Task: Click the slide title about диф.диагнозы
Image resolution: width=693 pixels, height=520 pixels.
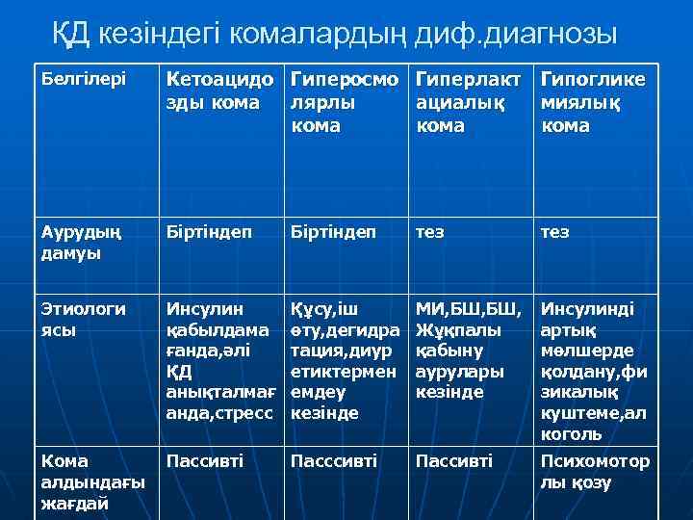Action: click(334, 35)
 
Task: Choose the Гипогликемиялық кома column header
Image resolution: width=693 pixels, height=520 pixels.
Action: click(594, 100)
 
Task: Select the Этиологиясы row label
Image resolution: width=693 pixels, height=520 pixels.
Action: click(85, 319)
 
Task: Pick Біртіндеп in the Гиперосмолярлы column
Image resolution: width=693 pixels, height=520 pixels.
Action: click(334, 232)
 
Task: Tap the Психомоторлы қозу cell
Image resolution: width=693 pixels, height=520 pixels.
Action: click(594, 472)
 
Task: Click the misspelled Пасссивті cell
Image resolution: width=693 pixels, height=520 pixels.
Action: click(337, 461)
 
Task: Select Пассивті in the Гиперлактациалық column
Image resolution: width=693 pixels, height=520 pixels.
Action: click(453, 461)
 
